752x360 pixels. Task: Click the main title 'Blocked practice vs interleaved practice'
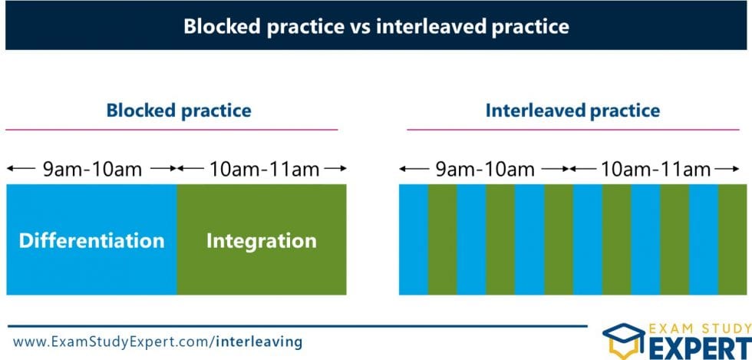tap(377, 26)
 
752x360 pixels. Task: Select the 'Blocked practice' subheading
tap(179, 111)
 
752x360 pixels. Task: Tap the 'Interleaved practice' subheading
tap(572, 111)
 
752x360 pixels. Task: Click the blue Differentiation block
tap(91, 239)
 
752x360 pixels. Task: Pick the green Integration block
tap(262, 239)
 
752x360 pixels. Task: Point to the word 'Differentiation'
tap(91, 240)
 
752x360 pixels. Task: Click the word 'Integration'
tap(262, 241)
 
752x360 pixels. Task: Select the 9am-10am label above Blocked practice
tap(93, 169)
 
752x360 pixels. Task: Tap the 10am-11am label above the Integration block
tap(264, 169)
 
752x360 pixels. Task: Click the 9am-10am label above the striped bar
tap(485, 169)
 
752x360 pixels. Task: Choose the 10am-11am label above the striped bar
tap(655, 169)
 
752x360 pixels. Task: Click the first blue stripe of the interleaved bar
tap(414, 239)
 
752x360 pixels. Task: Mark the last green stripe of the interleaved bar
tap(732, 239)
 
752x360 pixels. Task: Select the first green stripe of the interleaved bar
tap(443, 239)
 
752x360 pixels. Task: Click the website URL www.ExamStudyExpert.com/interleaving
tap(158, 342)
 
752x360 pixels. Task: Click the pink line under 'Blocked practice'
tap(172, 130)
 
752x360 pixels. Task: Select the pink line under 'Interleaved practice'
tap(573, 130)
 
